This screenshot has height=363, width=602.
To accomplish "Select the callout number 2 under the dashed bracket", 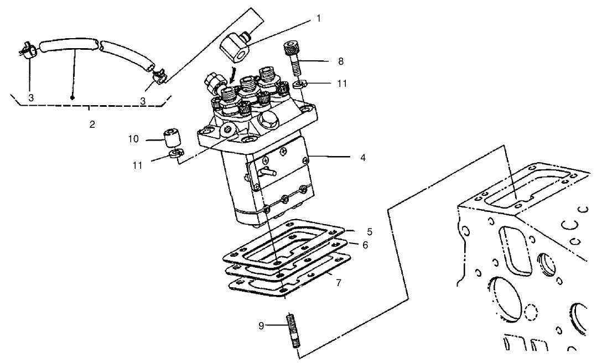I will click(x=92, y=125).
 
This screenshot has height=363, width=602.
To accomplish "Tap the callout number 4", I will click(x=363, y=157).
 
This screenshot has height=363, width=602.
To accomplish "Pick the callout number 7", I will click(x=338, y=282).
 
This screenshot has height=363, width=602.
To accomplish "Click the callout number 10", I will click(x=134, y=139).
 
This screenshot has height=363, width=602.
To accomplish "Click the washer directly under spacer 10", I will click(x=174, y=154).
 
